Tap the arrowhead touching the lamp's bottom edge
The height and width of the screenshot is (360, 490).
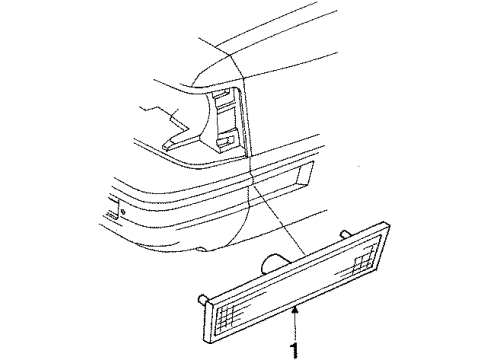click(296, 315)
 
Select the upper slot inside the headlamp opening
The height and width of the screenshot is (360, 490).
click(224, 104)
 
